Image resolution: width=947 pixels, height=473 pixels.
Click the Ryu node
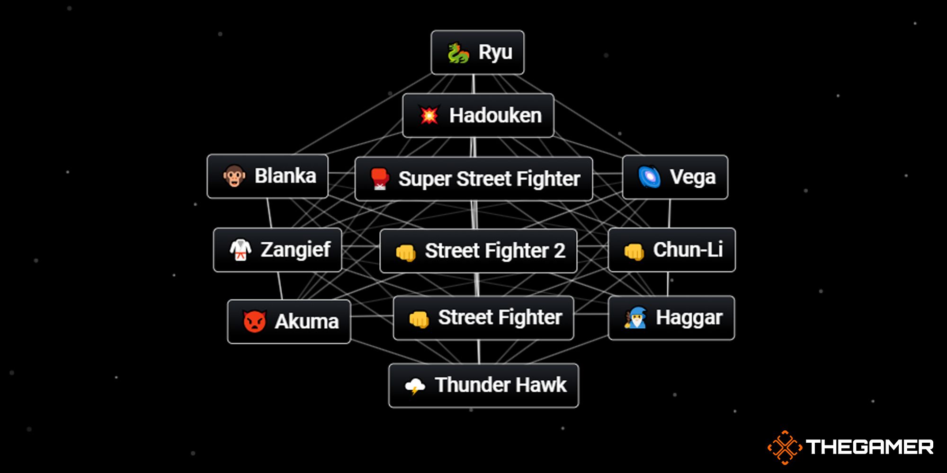(x=477, y=53)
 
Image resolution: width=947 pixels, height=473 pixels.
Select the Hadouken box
(x=478, y=115)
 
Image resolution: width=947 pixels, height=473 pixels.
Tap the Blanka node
(x=268, y=176)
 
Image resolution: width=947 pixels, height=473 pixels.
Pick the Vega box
(x=675, y=177)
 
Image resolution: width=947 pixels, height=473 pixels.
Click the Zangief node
(x=277, y=250)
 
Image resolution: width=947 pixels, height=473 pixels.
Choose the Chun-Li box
(x=671, y=250)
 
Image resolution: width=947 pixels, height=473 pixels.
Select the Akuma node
(x=289, y=322)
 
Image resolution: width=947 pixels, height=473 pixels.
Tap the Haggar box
(x=671, y=318)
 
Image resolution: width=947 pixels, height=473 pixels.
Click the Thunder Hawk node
(x=483, y=385)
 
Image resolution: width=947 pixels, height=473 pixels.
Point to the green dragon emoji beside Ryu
(x=458, y=53)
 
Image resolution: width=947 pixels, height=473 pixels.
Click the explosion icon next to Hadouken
(x=429, y=115)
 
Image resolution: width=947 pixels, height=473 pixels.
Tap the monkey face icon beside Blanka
(x=234, y=176)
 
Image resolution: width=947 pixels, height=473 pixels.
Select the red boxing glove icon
(x=380, y=179)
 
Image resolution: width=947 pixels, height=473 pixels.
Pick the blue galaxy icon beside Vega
(x=650, y=177)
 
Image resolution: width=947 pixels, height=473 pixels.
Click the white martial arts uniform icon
(x=240, y=250)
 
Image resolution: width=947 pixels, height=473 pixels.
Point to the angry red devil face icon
(x=254, y=322)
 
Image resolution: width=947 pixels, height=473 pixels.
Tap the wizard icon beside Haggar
(x=635, y=318)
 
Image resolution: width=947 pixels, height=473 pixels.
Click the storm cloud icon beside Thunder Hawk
(x=415, y=386)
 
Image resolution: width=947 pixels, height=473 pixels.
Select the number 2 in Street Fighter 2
(x=560, y=251)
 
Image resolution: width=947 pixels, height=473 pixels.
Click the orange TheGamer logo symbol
(x=785, y=447)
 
